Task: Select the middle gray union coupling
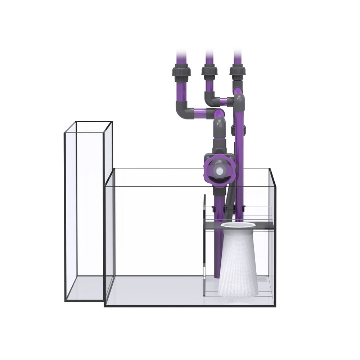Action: (x=210, y=72)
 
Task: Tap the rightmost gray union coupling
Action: (x=238, y=71)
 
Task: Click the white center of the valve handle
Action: (x=220, y=171)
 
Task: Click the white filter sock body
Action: (x=238, y=266)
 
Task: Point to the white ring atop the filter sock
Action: (x=238, y=225)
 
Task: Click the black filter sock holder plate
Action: (x=212, y=226)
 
